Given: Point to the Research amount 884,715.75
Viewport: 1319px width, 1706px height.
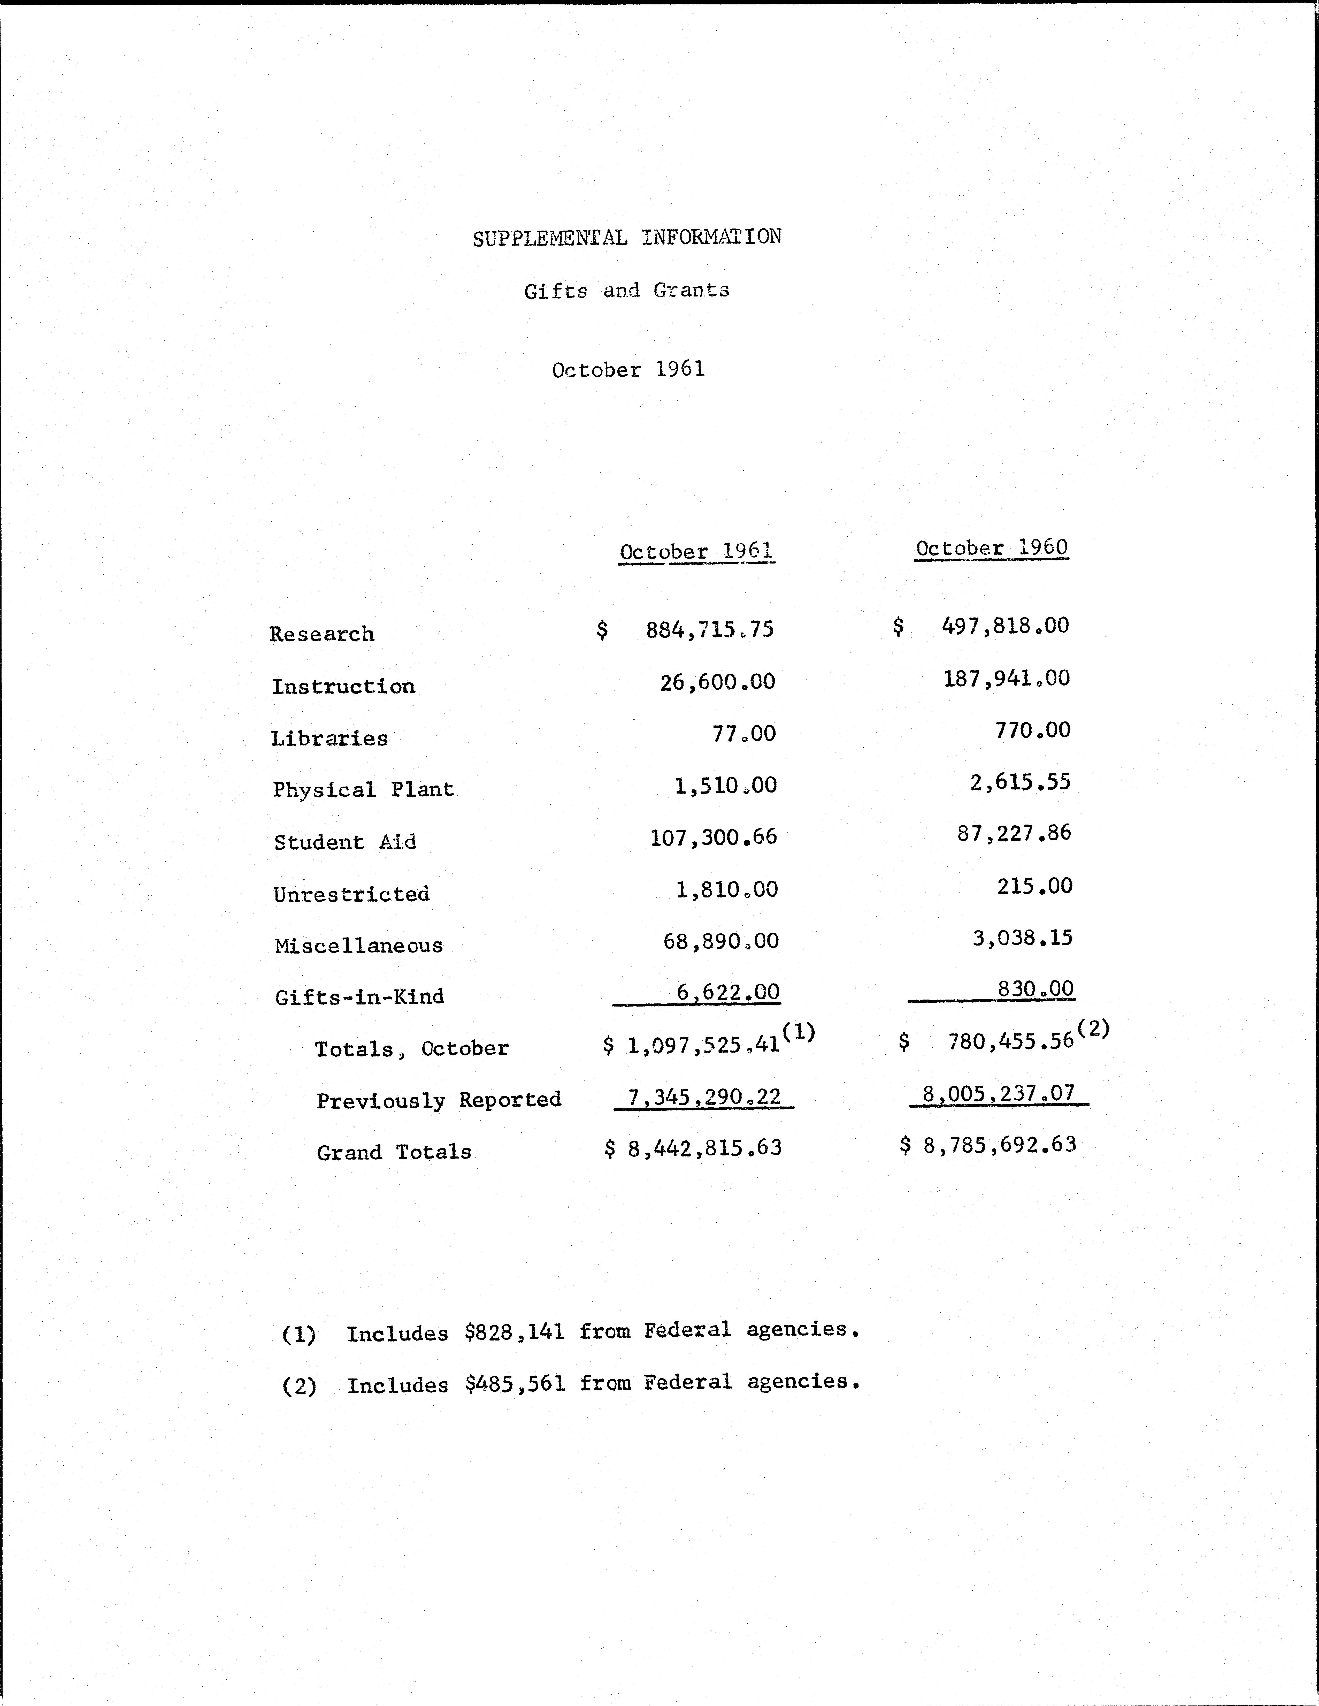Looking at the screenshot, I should [709, 630].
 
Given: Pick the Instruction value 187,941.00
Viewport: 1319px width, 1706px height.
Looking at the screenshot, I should [1006, 678].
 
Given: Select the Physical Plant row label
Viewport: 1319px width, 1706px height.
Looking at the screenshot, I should [363, 790].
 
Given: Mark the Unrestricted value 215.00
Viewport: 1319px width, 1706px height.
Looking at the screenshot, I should [1034, 886].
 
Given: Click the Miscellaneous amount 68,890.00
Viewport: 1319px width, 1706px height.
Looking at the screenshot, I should [720, 941].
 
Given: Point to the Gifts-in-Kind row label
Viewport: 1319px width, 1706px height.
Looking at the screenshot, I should [359, 997].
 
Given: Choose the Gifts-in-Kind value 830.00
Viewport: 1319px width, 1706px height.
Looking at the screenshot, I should [1036, 989].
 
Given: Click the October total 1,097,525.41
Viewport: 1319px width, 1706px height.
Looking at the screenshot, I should [703, 1045].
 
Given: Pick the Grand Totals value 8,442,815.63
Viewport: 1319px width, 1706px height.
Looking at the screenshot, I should [704, 1148].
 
